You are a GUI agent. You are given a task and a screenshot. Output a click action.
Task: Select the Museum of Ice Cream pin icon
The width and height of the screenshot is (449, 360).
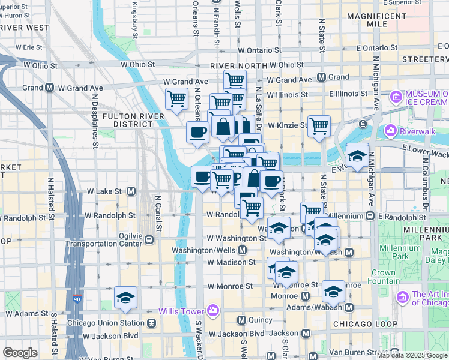396,97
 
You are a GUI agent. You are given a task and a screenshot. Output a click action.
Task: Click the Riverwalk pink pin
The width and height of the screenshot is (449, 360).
391,130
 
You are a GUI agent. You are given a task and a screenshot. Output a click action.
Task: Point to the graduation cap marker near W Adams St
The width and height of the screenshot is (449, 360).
126,298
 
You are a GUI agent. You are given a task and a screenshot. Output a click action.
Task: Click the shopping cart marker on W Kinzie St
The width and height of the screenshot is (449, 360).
319,125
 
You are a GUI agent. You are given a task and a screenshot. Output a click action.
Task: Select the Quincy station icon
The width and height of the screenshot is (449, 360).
243,320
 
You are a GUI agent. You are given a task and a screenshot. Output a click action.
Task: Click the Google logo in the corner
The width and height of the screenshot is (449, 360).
20,353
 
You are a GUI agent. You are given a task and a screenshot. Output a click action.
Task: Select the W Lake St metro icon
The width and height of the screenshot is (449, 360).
130,191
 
